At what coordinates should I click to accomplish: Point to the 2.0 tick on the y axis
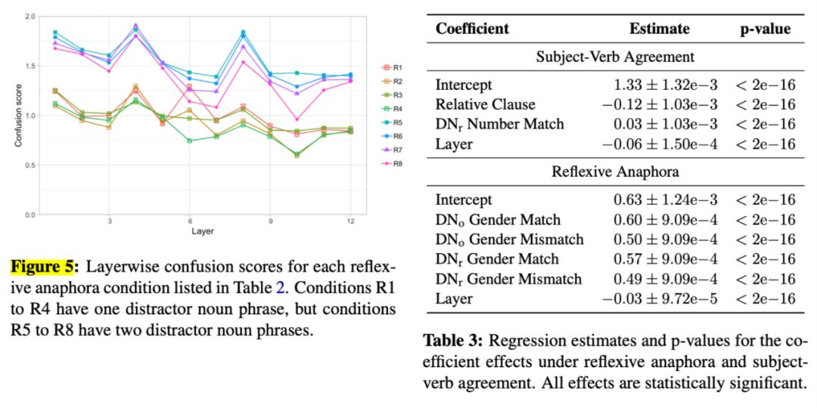(x=30, y=16)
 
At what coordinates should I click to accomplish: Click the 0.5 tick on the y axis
(x=30, y=165)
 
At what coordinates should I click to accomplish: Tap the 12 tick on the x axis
(x=350, y=221)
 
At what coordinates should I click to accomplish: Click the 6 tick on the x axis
(x=190, y=221)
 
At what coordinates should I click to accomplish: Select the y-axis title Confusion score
(x=18, y=115)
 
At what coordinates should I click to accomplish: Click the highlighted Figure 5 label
(x=42, y=267)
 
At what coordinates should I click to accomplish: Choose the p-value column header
(x=766, y=29)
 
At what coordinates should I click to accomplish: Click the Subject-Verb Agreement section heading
(x=615, y=57)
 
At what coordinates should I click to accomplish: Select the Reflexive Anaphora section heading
(x=615, y=172)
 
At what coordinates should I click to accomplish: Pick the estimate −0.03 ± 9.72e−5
(x=659, y=298)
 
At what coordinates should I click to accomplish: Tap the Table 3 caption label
(x=452, y=339)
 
